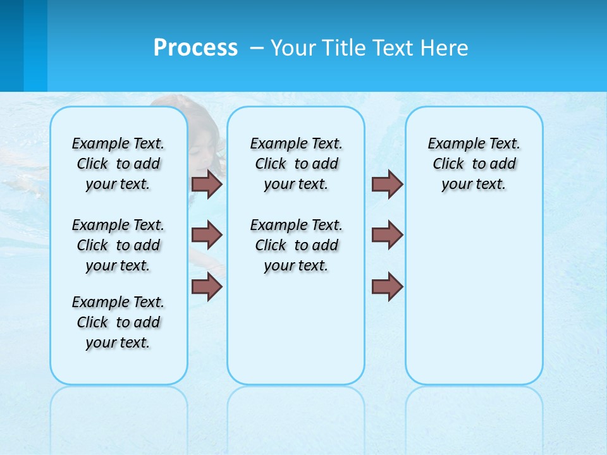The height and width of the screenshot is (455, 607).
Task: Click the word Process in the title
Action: [195, 48]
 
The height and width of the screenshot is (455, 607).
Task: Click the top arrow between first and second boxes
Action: [207, 184]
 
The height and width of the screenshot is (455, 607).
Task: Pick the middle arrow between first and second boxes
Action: [207, 235]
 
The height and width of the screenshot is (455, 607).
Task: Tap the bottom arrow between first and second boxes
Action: [207, 287]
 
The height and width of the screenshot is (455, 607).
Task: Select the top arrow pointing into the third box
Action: [387, 184]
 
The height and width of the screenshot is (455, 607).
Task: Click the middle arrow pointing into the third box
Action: [387, 235]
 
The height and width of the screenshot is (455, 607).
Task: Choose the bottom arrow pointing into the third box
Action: [387, 287]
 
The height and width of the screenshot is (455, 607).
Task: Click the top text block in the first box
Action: [118, 164]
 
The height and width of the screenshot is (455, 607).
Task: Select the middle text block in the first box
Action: [118, 245]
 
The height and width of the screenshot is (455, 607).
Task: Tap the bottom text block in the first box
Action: [118, 322]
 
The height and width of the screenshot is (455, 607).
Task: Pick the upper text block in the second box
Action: [296, 164]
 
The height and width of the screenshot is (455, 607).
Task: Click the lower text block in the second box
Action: [296, 245]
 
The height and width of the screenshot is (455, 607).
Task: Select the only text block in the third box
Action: [474, 164]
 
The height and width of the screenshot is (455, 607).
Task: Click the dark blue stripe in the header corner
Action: [11, 45]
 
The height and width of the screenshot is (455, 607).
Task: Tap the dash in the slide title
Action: [257, 49]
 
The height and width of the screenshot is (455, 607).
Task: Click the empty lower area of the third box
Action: [474, 303]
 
